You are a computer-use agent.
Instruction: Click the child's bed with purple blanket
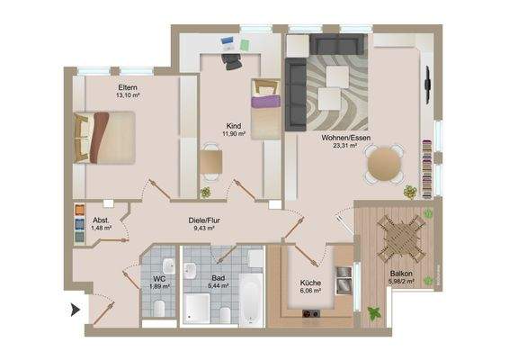coord(265,110)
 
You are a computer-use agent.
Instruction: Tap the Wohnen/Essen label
coord(340,136)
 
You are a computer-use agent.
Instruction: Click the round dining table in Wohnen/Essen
coord(385,164)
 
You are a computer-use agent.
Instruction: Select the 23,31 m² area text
coord(340,145)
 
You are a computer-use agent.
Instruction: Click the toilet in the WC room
coord(158,309)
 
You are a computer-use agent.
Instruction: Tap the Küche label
coord(310,282)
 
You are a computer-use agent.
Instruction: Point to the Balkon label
coord(401,274)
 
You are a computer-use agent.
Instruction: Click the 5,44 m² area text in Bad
coord(219,286)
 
